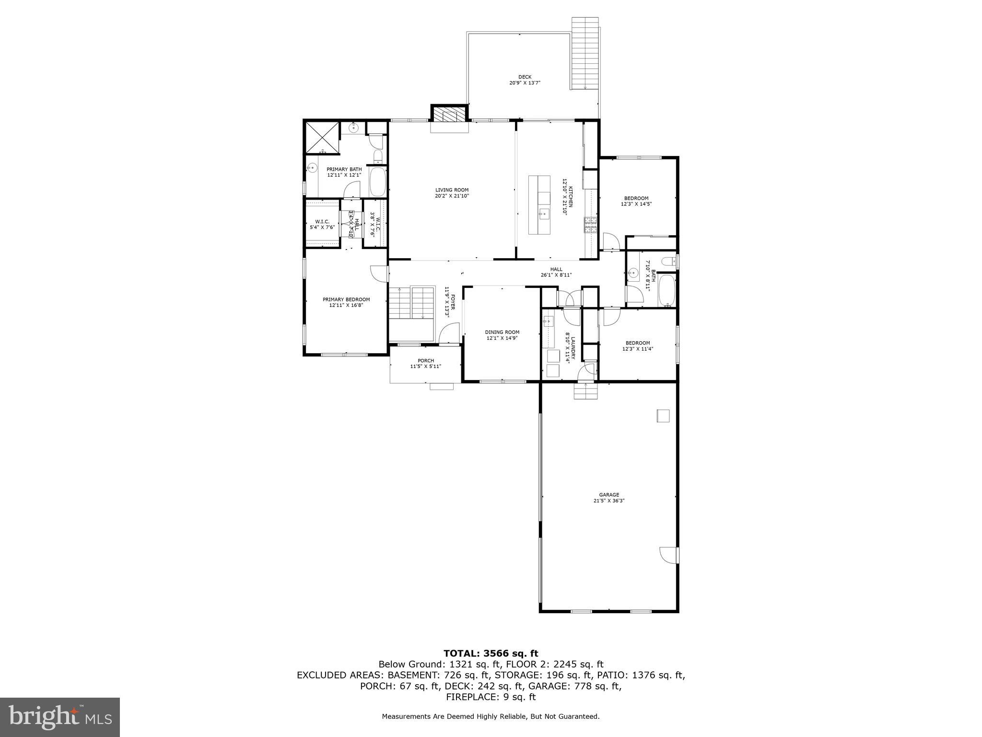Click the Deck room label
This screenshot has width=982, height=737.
[525, 80]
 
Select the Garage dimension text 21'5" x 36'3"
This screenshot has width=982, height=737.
[609, 500]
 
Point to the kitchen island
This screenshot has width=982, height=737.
[539, 205]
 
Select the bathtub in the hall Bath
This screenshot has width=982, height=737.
[666, 291]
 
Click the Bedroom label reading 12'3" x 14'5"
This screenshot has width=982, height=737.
[636, 201]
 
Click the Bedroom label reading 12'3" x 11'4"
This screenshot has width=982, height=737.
[638, 345]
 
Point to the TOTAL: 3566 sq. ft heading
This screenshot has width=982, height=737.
[491, 653]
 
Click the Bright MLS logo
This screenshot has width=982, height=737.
[60, 717]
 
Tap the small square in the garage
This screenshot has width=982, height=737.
[663, 416]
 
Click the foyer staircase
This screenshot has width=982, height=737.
[410, 302]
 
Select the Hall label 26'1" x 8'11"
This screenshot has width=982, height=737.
[556, 272]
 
